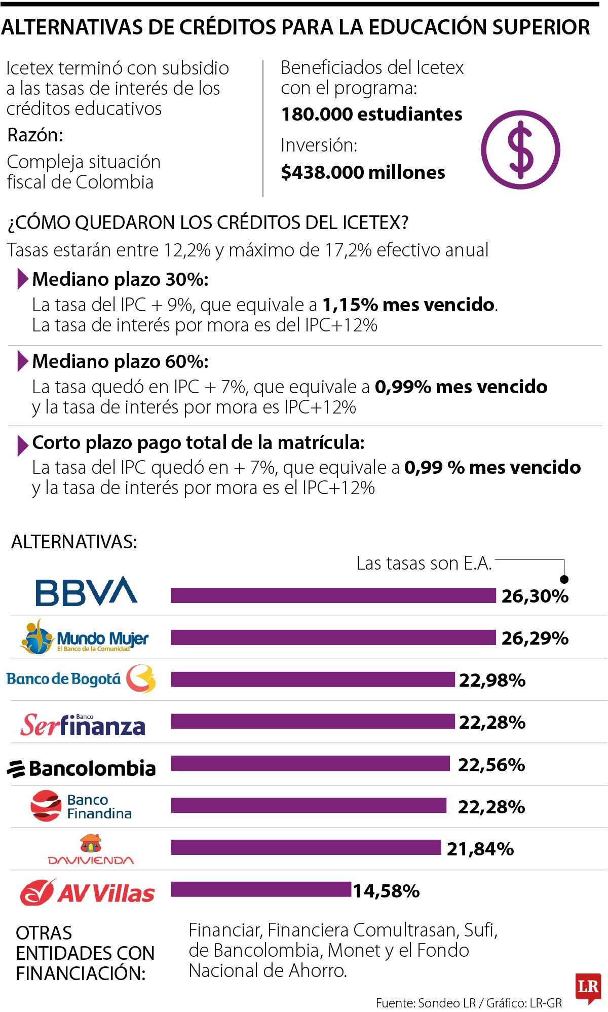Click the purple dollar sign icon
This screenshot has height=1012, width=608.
520,150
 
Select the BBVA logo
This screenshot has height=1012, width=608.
86,591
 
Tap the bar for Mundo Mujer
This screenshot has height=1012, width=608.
333,638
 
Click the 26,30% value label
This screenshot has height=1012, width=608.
535,596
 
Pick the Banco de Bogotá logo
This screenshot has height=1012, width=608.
81,679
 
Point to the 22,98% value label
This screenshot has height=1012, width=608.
492,681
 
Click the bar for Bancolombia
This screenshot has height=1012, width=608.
310,763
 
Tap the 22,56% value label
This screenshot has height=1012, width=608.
491,765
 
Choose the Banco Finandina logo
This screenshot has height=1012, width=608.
81,806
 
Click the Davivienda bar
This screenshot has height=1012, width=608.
306,847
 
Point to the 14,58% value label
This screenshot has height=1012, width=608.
386,891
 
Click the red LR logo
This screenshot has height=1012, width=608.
588,987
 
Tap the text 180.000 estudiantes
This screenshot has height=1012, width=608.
371,115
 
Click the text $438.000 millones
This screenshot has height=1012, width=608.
363,173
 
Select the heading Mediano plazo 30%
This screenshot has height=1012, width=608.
120,279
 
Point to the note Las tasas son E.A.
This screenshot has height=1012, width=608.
424,564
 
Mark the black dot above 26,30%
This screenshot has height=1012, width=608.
564,579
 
